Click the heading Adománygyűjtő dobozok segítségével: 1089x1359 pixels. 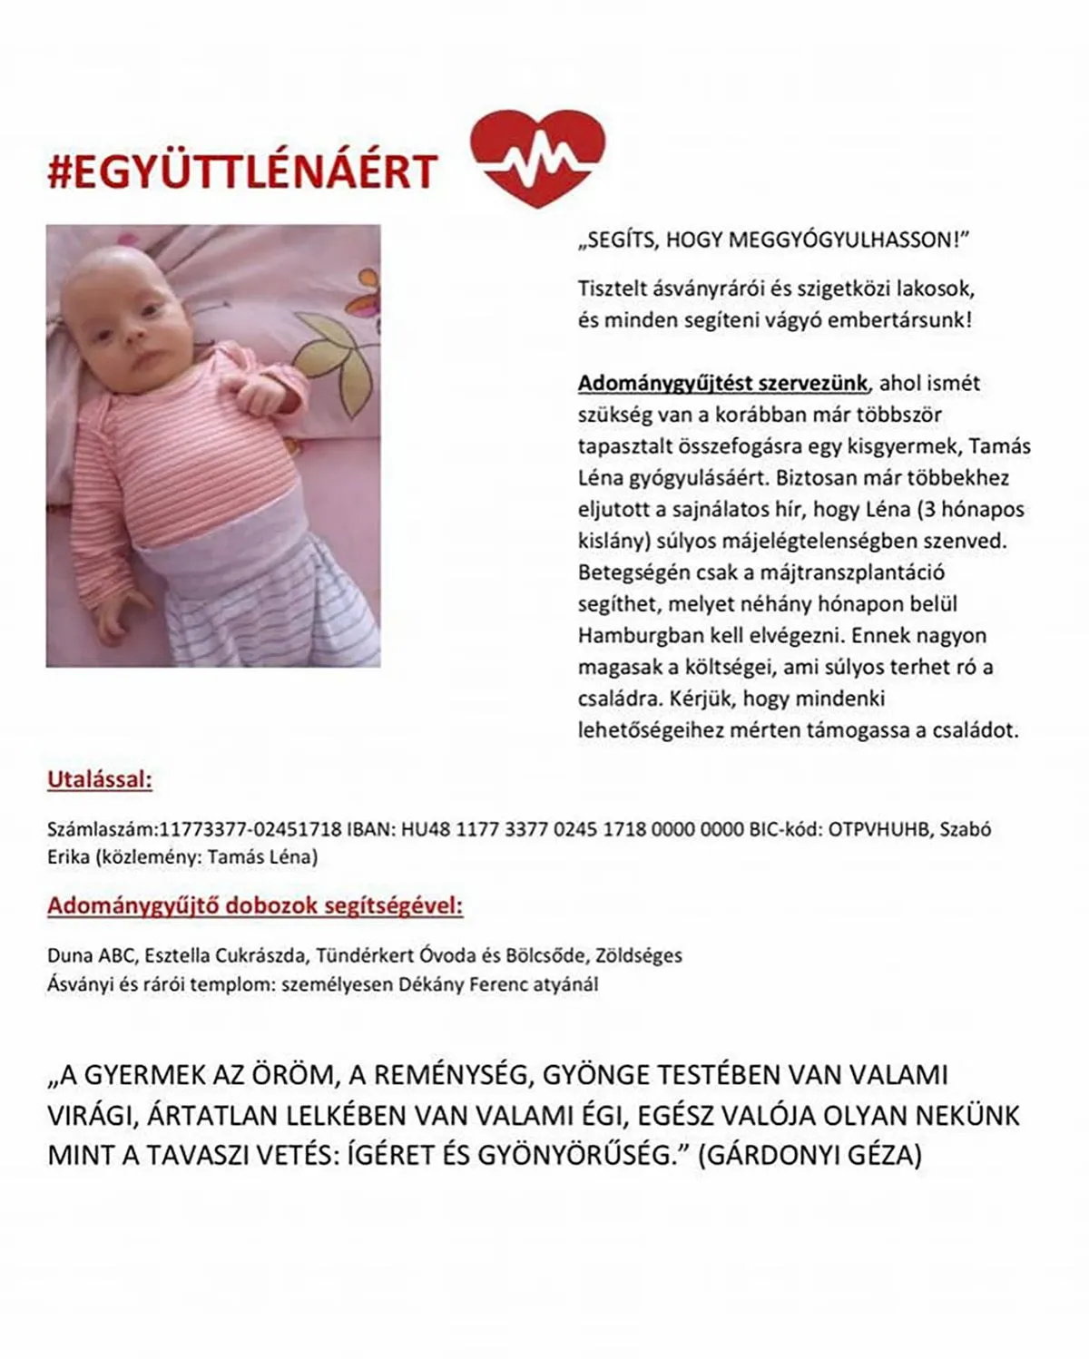pyautogui.click(x=255, y=905)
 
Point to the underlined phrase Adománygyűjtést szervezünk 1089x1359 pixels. pyautogui.click(x=722, y=383)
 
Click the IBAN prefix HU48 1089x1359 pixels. pyautogui.click(x=425, y=828)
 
